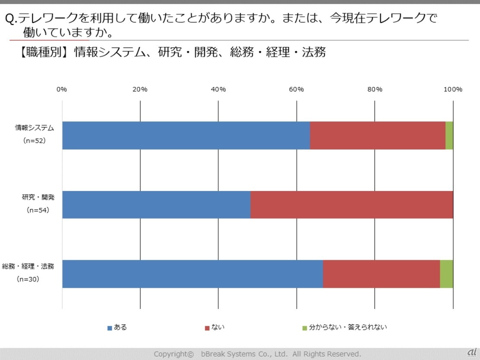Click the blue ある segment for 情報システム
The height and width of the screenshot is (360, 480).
[x=186, y=135]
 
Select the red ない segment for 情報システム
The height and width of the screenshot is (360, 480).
[x=378, y=135]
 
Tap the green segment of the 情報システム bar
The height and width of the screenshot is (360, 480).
[x=449, y=135]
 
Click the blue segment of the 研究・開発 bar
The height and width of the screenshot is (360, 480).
[x=156, y=204]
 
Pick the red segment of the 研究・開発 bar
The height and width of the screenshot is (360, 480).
[x=352, y=204]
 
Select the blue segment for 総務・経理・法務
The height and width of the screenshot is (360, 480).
[x=192, y=274]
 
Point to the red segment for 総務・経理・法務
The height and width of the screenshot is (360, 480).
[x=381, y=274]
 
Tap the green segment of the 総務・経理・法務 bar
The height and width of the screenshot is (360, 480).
[x=447, y=274]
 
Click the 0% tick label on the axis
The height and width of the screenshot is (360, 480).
[x=62, y=89]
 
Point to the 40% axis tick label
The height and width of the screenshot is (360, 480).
[x=218, y=89]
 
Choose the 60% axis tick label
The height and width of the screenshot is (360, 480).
[x=296, y=89]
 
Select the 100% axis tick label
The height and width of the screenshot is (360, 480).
[x=453, y=89]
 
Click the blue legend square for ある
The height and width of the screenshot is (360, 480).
[x=110, y=328]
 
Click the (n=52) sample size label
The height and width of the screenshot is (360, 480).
[x=35, y=141]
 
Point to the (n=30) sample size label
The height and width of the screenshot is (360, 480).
[x=28, y=279]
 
